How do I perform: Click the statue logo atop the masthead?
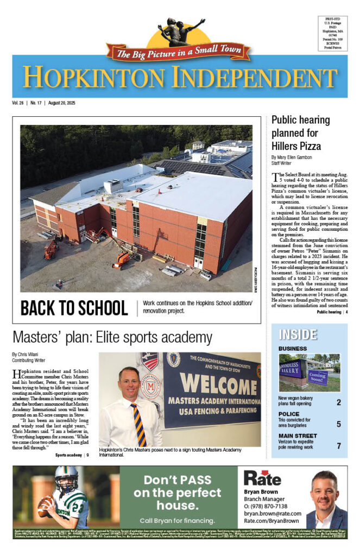[180, 32]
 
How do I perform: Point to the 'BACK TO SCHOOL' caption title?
[74, 308]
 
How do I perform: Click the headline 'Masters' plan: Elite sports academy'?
[112, 336]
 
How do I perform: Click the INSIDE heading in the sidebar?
[298, 334]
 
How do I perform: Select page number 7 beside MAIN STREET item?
[338, 446]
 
